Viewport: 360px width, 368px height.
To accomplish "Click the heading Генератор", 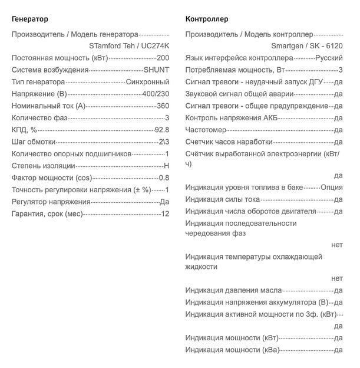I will [30, 19].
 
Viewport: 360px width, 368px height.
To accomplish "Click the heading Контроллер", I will [206, 19].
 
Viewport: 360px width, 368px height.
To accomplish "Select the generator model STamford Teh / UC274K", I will [129, 45].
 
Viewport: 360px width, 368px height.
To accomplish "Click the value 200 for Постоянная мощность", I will [163, 58].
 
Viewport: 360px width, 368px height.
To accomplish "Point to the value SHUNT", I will [157, 70].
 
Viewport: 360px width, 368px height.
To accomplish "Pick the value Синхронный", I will [147, 81].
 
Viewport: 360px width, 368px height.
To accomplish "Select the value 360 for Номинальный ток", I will [163, 106].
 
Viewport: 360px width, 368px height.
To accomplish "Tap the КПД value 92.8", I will [161, 130].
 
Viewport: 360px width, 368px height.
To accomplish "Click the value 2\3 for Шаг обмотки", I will [163, 142].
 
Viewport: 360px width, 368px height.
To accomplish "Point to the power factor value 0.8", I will [164, 178].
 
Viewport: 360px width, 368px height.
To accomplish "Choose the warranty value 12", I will [165, 213].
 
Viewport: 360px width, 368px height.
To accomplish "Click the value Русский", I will [329, 58].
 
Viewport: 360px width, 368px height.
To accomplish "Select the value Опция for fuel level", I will [331, 187].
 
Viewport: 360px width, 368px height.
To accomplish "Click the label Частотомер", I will [206, 130].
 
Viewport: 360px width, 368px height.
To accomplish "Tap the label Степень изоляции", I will [44, 166].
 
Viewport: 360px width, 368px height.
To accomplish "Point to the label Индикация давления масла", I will [233, 290].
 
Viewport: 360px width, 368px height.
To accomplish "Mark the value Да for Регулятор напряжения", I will [164, 202].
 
